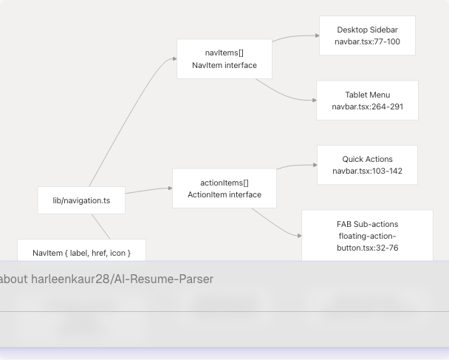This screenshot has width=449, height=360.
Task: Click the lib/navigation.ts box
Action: coord(81,200)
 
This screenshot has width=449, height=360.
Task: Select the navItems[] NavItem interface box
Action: coord(224,59)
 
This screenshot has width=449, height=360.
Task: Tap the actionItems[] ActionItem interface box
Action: coord(224,189)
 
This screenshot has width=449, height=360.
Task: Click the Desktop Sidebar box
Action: coord(367,35)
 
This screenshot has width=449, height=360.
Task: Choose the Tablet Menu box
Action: coord(367,101)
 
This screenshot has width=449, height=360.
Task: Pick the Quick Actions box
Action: coord(367,165)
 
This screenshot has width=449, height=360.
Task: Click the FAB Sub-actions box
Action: coord(367,236)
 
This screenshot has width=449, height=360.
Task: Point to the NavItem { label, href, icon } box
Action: coord(81,253)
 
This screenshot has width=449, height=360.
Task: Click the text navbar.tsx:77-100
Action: coord(367,42)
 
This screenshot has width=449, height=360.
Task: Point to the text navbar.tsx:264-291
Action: coord(367,107)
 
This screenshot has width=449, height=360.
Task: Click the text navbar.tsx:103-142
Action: coord(367,171)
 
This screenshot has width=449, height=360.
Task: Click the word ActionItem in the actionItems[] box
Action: coord(205,195)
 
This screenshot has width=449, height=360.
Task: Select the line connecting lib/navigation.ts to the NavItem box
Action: coord(100,226)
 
